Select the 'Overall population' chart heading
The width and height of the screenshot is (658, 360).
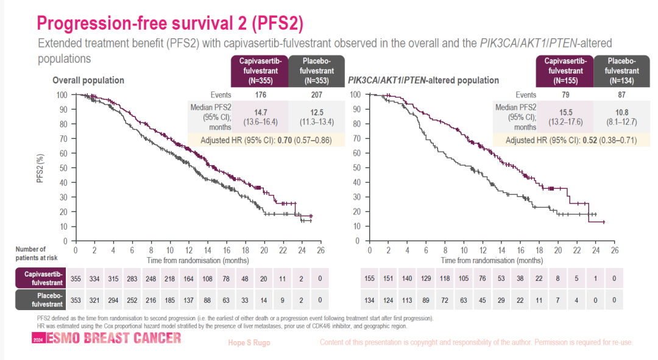point(88,80)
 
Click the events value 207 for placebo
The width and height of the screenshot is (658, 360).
point(316,95)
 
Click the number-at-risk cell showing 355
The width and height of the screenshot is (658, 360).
point(76,278)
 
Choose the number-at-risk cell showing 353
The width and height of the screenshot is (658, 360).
point(76,300)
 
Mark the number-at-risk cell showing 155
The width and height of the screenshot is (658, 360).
point(369,278)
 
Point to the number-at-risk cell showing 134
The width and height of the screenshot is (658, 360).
point(369,300)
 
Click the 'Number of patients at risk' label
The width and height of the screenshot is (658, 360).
point(30,253)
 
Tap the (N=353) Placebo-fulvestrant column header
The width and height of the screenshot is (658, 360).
point(316,71)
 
